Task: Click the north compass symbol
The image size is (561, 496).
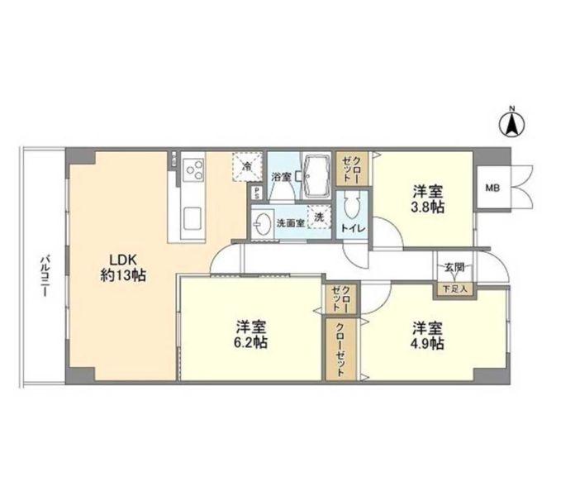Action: [513, 125]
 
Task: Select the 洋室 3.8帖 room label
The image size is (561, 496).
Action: [429, 199]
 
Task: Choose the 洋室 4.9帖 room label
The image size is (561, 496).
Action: [429, 335]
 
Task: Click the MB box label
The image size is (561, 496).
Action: [492, 188]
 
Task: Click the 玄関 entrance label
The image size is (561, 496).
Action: [454, 267]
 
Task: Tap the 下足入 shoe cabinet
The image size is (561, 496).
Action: [454, 289]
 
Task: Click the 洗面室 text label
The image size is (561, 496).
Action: [288, 223]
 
